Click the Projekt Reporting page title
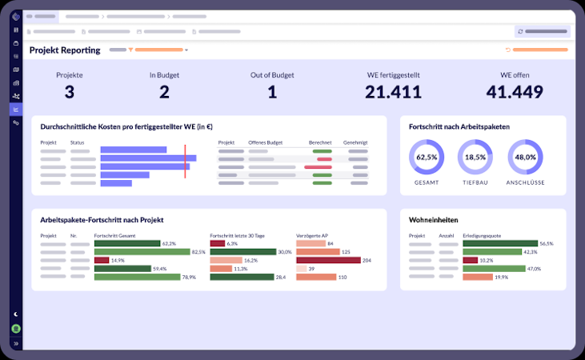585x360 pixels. point(65,50)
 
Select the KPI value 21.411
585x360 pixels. point(393,92)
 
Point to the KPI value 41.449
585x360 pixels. point(515,92)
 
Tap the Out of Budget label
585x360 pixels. point(272,74)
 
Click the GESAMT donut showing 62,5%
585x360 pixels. point(427,158)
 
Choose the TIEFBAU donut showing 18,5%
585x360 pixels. point(475,158)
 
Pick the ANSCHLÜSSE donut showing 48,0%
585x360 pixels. point(525,158)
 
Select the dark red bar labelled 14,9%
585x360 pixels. point(101,260)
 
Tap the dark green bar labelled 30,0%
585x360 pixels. point(242,251)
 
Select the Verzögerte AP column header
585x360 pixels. point(312,236)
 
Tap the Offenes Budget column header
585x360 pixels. point(266,142)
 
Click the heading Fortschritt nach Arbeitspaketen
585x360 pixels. point(459,126)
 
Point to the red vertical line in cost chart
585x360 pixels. point(185,158)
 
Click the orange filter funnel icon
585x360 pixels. point(130,50)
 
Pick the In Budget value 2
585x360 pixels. point(164,92)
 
